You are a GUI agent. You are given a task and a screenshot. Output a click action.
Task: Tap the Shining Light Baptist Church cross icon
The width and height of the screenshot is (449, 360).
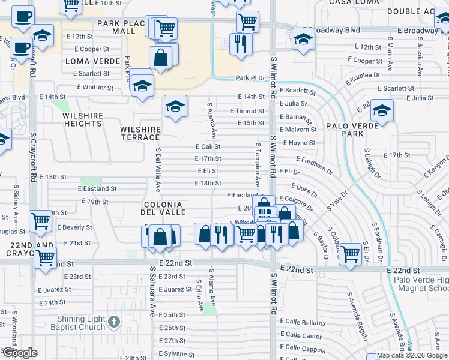pyautogui.click(x=114, y=323)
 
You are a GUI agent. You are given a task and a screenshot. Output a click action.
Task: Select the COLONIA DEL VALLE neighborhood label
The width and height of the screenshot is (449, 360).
pyautogui.click(x=162, y=208)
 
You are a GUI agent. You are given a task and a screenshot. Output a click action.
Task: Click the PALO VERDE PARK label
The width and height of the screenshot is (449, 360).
pyautogui.click(x=354, y=130)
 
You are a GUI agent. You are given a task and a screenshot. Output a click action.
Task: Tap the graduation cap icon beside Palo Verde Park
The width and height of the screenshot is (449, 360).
pyautogui.click(x=381, y=111)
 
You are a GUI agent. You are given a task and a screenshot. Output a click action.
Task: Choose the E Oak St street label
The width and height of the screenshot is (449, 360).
pyautogui.click(x=208, y=146)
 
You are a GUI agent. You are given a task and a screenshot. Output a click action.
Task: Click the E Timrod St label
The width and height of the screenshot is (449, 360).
pyautogui.click(x=247, y=111)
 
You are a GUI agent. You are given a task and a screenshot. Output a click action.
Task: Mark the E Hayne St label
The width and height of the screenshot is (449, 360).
pyautogui.click(x=299, y=143)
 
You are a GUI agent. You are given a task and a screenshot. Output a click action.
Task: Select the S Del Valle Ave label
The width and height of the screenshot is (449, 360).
pyautogui.click(x=158, y=170)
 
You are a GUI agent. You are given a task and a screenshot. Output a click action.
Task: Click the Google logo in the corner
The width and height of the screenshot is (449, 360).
pyautogui.click(x=19, y=353)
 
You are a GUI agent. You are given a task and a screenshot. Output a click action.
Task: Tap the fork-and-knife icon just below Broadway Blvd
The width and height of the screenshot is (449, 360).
pyautogui.click(x=241, y=44)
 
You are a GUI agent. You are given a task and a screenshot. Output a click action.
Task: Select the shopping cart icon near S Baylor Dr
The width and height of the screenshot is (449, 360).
pyautogui.click(x=349, y=253)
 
